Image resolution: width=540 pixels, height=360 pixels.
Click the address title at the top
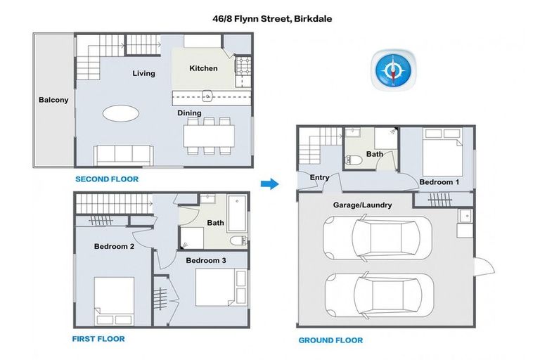pos(273,19)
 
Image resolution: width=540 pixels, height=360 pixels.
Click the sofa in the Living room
pos(124,154)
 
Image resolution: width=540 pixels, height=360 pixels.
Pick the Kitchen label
pos(204,68)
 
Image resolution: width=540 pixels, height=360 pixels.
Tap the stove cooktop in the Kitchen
pos(244,67)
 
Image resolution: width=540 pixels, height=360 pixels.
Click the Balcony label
pos(53,100)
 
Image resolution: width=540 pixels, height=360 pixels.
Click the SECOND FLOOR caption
pos(107,179)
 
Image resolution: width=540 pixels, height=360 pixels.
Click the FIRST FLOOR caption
pos(98,338)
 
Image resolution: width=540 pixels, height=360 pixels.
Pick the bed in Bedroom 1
pos(441,157)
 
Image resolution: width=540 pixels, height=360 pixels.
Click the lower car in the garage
pos(371,296)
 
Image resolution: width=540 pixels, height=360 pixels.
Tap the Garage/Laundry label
pos(362,205)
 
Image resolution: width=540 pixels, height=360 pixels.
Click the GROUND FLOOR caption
pos(330,340)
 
